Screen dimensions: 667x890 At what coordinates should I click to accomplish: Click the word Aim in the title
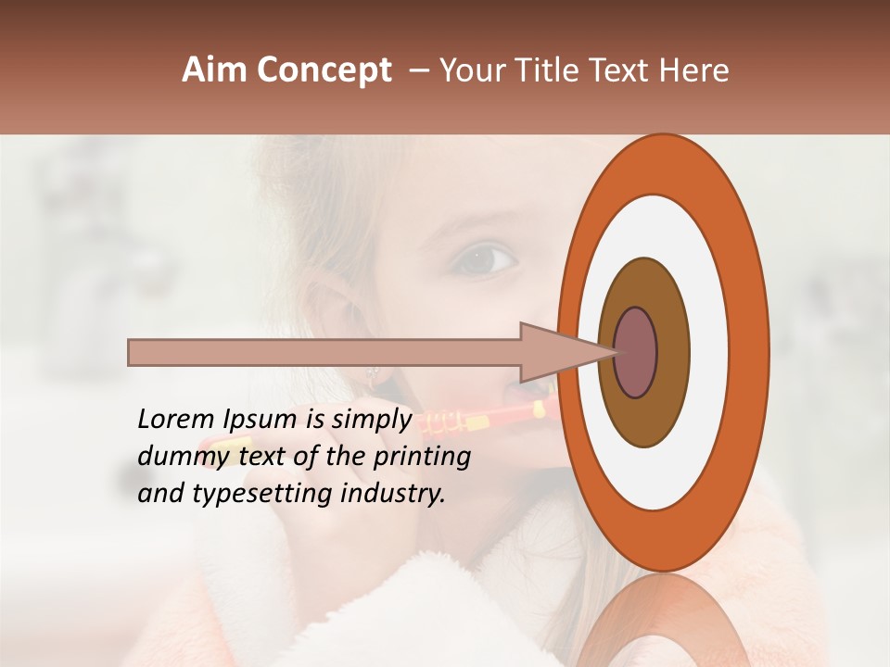click(215, 70)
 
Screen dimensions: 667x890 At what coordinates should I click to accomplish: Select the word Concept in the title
click(324, 70)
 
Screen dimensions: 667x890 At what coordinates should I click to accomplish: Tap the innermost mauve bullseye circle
click(636, 352)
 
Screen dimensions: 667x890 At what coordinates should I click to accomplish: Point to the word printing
click(422, 457)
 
